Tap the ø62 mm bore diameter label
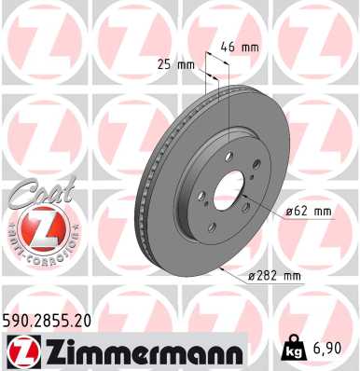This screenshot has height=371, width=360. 307,213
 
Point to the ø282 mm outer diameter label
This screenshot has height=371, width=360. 275,276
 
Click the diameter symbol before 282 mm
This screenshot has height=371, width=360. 253,276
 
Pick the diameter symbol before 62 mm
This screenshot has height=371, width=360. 290,213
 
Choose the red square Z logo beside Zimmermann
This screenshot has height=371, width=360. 21,351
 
